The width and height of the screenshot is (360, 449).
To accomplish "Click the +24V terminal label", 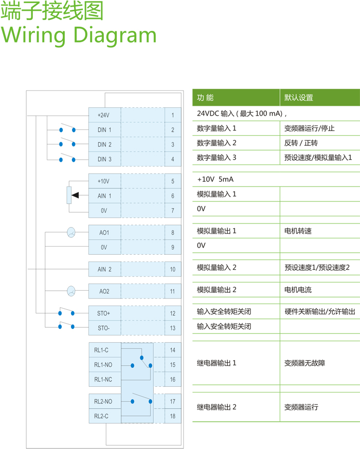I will tap(104, 115).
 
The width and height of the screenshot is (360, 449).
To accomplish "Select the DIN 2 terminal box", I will tap(104, 144).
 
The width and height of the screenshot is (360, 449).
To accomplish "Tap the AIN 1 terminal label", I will tap(104, 196).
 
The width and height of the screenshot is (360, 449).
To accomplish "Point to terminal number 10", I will tap(173, 269).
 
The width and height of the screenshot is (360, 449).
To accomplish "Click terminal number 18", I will tap(173, 416).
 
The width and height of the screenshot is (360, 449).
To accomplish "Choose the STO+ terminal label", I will tap(104, 313).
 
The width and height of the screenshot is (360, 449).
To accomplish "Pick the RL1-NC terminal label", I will tap(103, 379).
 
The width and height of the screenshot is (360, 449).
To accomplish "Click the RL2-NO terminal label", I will tap(103, 402).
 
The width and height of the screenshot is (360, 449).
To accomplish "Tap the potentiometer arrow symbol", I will tap(75, 195).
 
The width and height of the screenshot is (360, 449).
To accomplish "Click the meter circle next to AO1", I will tap(71, 233).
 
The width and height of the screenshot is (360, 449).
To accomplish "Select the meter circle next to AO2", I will tap(71, 291).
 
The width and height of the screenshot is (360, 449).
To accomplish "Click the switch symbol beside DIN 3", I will tap(67, 158).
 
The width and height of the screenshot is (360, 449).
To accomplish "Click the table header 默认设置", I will tap(299, 98).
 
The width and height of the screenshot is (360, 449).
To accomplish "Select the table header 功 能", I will tap(205, 98).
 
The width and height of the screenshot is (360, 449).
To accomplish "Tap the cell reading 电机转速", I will tap(298, 231).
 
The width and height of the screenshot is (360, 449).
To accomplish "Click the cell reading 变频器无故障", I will tap(304, 363).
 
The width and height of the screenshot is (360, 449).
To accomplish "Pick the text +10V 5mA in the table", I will tap(215, 180).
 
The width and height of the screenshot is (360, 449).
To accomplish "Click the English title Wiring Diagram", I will tap(79, 34).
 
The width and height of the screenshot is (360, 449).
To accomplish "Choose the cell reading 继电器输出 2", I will tap(217, 407).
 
